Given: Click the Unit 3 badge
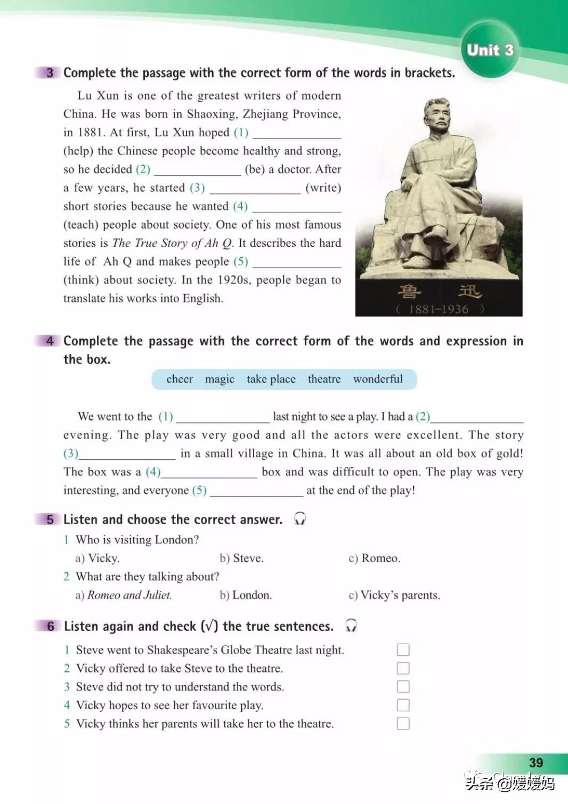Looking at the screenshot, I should (490, 51).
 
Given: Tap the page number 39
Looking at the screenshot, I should (536, 762).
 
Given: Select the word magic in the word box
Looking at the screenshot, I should (220, 379).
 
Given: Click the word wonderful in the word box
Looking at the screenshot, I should (378, 379).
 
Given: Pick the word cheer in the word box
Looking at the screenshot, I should (180, 379).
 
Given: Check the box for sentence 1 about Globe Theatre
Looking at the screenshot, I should (403, 649).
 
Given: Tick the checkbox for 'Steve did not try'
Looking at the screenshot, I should (403, 686).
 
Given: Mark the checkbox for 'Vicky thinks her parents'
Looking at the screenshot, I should (403, 724).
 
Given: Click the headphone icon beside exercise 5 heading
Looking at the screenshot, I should (300, 519).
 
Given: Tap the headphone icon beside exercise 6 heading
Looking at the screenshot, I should (351, 626).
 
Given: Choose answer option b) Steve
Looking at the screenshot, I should (241, 558).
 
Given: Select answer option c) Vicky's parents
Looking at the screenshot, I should (394, 595).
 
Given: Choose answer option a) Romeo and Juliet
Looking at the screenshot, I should (124, 595).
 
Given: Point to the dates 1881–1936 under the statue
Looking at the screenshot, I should (439, 309).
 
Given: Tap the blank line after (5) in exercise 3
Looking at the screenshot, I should (296, 263).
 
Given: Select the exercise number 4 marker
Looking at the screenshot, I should (50, 341).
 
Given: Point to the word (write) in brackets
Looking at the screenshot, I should (323, 188).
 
